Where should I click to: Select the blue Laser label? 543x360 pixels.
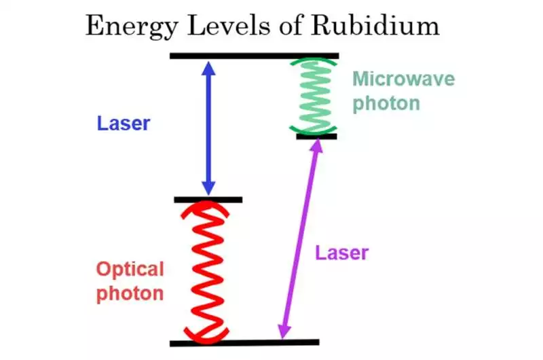[x=123, y=124]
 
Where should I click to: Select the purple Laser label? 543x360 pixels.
[x=341, y=253]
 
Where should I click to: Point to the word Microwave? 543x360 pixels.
[x=403, y=79]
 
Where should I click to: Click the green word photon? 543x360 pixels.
[x=386, y=104]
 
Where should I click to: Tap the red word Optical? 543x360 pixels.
[x=130, y=270]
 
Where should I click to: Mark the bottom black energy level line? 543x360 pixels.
[x=244, y=342]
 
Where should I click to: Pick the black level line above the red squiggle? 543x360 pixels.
[x=208, y=200]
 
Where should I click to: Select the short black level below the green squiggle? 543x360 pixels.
[x=316, y=137]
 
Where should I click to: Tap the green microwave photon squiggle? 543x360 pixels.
[x=312, y=96]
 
